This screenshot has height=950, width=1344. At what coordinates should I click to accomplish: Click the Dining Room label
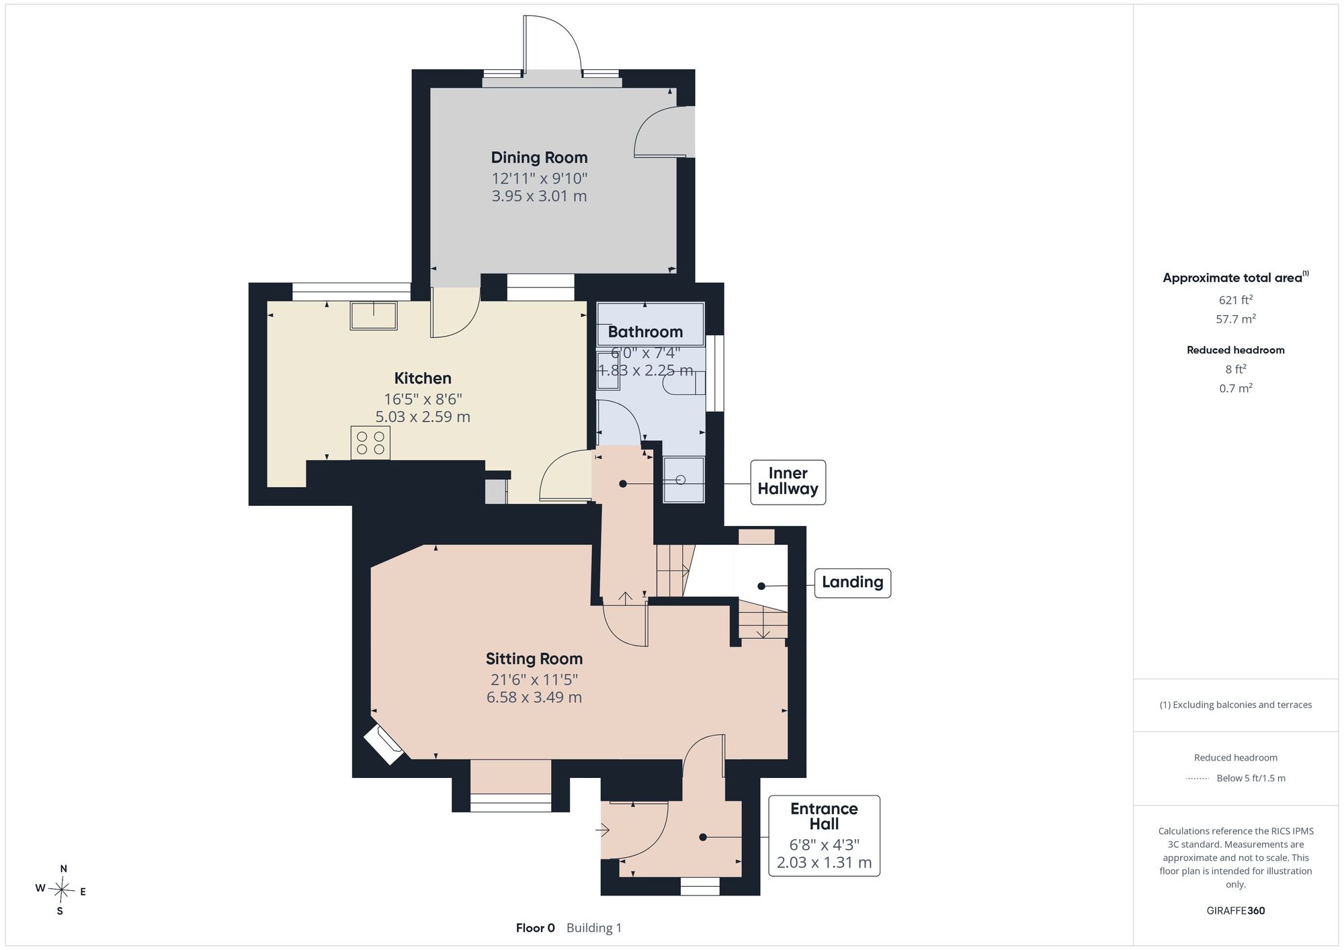[x=539, y=157]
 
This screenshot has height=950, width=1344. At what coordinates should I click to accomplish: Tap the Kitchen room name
[x=423, y=378]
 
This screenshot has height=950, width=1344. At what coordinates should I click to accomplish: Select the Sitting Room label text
[x=534, y=658]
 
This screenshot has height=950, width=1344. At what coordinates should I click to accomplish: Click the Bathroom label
[x=645, y=332]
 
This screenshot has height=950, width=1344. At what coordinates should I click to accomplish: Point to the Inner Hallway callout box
[x=788, y=482]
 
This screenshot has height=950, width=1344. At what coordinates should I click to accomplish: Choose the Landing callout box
[x=852, y=582]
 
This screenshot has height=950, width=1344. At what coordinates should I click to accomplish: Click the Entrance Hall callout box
[x=824, y=836]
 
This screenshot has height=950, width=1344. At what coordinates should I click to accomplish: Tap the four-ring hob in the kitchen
[x=370, y=443]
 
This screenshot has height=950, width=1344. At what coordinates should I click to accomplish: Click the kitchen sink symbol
[x=374, y=316]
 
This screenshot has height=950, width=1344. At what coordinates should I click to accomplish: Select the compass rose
[x=61, y=890]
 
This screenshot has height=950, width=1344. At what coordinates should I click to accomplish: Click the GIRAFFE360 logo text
[x=1236, y=911]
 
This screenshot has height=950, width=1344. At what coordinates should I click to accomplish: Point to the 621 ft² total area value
[x=1236, y=300]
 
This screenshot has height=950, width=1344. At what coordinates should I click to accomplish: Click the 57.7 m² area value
[x=1236, y=319]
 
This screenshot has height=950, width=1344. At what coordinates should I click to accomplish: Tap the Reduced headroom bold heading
[x=1236, y=350]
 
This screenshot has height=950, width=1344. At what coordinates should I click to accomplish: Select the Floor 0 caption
[x=536, y=928]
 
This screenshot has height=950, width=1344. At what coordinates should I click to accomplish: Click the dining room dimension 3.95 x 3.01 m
[x=539, y=196]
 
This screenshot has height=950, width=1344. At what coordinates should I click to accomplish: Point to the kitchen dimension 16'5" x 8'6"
[x=423, y=398]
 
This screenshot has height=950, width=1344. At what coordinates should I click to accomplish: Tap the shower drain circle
[x=680, y=480]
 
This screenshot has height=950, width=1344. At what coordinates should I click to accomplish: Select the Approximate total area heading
[x=1236, y=277]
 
